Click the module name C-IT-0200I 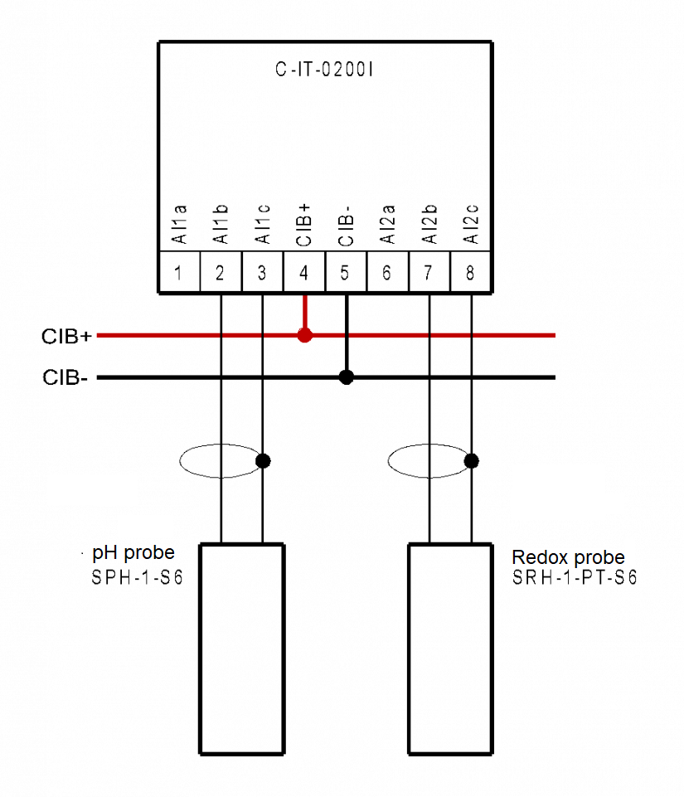pos(325,70)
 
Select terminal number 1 pos(178,272)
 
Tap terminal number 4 pos(304,272)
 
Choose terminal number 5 pos(346,272)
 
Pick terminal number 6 pos(387,272)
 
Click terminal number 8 pos(471,272)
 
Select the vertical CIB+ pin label pos(304,223)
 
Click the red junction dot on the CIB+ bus pos(304,335)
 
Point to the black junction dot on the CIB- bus pos(347,377)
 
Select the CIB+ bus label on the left pos(68,337)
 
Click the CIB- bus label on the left pos(66,379)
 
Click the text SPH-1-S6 pos(138,578)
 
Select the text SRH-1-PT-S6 pos(575,578)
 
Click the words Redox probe pos(568,557)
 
